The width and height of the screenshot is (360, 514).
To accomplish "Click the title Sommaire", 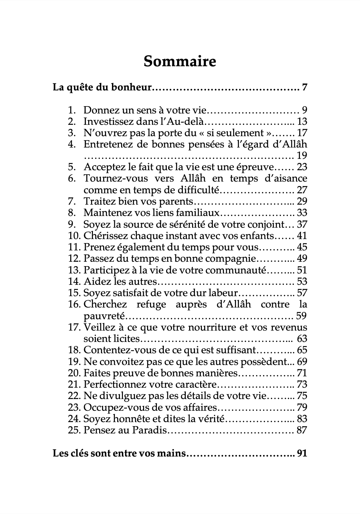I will [x=180, y=61].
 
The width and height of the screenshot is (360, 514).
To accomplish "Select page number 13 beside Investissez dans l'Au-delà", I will [x=302, y=122].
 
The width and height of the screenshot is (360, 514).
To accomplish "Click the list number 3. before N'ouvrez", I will [x=72, y=133].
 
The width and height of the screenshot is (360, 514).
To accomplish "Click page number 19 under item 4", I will [x=302, y=156].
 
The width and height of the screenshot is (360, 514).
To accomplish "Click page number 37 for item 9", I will [x=302, y=224].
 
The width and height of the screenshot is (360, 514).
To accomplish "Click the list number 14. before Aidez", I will [x=74, y=281].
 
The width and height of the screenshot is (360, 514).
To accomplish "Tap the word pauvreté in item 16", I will [x=104, y=316].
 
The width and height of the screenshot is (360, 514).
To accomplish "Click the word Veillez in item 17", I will [x=100, y=327].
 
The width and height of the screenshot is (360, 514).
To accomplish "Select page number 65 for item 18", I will [x=302, y=350].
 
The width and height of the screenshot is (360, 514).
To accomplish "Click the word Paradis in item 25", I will [x=150, y=430].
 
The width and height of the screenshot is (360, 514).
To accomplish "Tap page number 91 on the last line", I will [x=302, y=453].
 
